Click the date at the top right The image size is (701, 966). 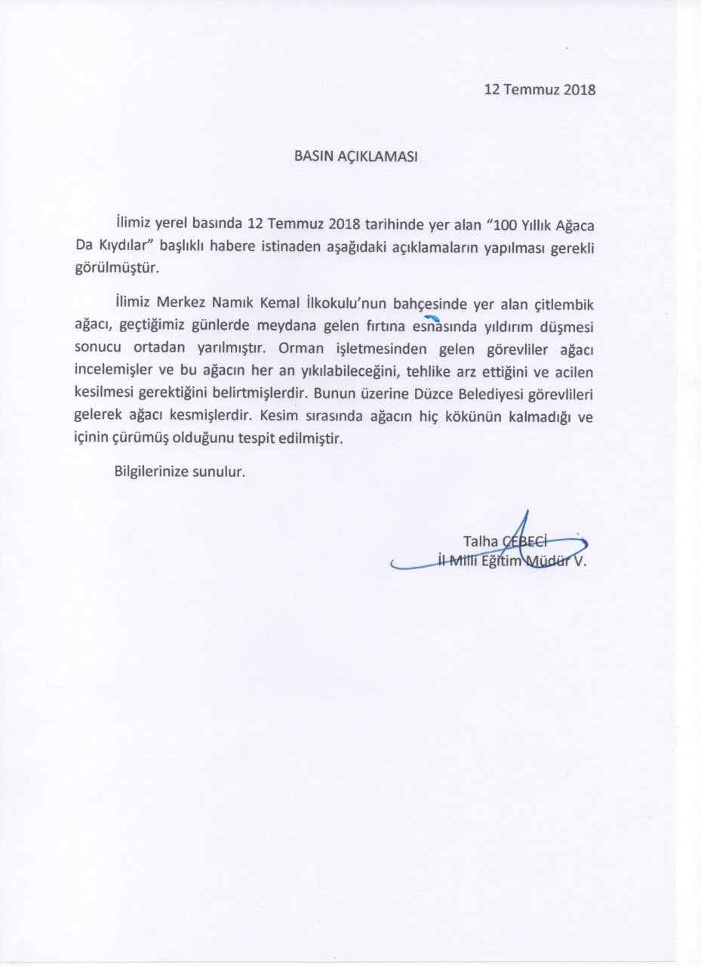pos(540,90)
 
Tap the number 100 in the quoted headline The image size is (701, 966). pos(506,226)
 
